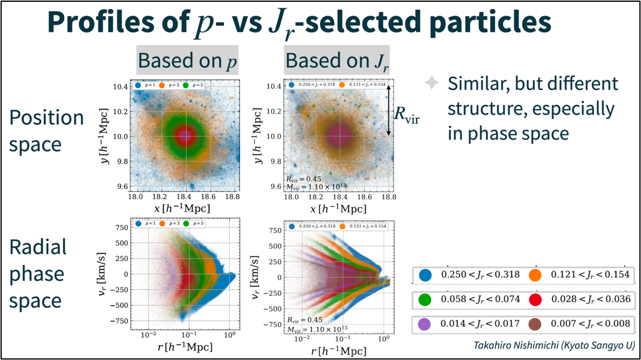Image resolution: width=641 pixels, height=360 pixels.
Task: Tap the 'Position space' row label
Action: pyautogui.click(x=46, y=131)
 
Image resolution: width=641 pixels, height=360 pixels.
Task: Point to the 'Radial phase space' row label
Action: pyautogui.click(x=37, y=274)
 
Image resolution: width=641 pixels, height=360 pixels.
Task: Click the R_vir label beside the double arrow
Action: pyautogui.click(x=406, y=114)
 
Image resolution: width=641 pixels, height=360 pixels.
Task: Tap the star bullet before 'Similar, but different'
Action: pyautogui.click(x=432, y=83)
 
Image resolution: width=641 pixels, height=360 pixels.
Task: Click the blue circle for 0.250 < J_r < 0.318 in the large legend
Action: pyautogui.click(x=426, y=275)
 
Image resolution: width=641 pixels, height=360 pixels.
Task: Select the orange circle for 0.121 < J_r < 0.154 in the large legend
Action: pyautogui.click(x=535, y=275)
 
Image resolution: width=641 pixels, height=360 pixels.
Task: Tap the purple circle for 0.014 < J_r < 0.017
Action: pyautogui.click(x=426, y=325)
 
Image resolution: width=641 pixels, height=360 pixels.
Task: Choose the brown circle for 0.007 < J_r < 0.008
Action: pyautogui.click(x=535, y=325)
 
